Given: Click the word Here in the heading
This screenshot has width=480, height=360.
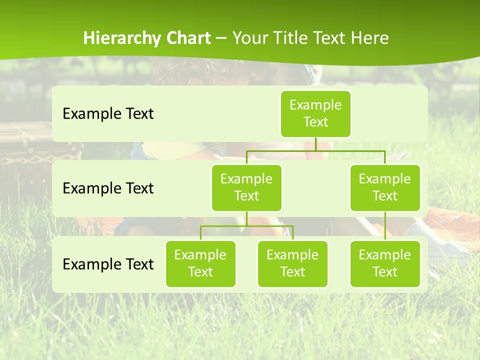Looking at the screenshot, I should tap(370, 38).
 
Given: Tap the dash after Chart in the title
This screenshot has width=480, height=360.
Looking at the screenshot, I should tap(221, 39).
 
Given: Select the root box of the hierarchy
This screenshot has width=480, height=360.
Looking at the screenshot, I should tap(315, 114).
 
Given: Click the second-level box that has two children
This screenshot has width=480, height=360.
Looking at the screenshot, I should tap(246, 188).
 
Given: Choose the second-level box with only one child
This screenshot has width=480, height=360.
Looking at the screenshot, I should tap(385, 188).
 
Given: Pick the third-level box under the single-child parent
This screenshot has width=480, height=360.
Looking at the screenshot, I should tap(385, 264).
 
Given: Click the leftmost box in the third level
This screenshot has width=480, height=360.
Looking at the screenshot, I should tap(200, 264).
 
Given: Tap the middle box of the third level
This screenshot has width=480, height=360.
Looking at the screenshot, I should tap(292, 264).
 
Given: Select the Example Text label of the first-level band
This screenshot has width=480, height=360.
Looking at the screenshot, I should tap(108, 114).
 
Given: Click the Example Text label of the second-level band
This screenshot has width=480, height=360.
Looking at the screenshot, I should tap(108, 188).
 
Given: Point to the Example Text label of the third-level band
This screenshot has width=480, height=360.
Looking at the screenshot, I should tap(108, 264).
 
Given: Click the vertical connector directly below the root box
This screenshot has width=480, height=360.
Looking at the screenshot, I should tap(315, 144).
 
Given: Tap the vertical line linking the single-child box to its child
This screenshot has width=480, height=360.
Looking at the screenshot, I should tap(385, 226).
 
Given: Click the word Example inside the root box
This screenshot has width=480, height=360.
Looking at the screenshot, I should tap(315, 105).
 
